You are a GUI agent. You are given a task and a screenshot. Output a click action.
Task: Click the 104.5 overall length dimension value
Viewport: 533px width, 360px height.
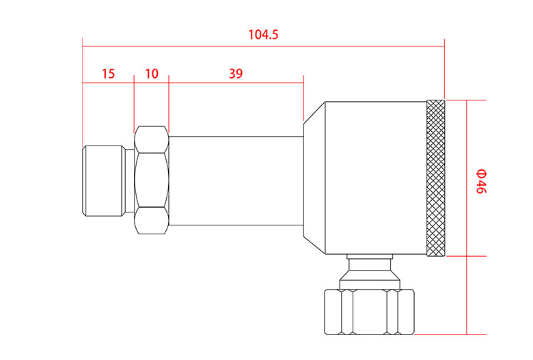(263, 35)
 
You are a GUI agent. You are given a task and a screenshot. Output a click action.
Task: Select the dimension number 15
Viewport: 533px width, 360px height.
(108, 74)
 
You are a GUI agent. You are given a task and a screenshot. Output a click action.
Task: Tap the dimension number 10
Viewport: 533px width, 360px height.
(151, 74)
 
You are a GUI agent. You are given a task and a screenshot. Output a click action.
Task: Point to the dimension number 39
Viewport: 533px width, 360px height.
(235, 74)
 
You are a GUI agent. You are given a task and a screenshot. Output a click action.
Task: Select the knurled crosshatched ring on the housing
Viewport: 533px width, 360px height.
(435, 178)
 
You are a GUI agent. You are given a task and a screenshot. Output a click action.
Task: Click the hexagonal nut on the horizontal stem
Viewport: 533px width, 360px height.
(152, 180)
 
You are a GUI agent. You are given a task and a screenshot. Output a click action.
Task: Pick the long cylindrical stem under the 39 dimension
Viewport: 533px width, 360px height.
(235, 181)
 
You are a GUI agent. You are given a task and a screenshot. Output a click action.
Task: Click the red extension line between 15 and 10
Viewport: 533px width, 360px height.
(135, 102)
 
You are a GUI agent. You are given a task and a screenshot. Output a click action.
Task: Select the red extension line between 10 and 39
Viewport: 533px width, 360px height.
(169, 102)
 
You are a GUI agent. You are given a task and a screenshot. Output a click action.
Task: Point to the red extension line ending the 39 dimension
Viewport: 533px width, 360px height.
(303, 99)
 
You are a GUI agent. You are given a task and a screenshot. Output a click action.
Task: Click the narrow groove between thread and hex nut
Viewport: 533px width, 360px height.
(130, 181)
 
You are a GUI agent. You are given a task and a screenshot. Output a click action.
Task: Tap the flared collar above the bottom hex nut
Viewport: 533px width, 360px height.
(369, 279)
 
